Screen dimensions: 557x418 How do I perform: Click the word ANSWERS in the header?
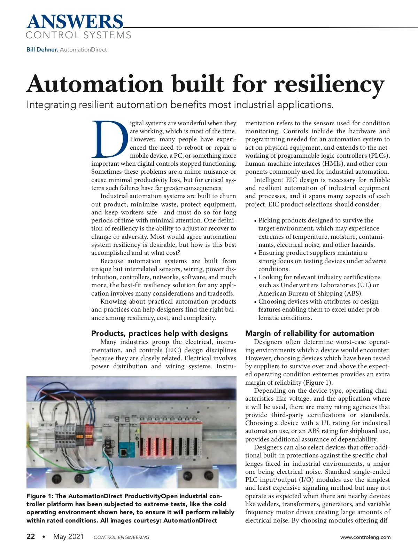coord(75,22)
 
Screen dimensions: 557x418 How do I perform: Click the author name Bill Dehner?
coord(42,50)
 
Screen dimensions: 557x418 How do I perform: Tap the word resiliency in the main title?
coord(329,84)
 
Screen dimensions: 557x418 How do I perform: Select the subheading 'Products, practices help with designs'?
coord(159,334)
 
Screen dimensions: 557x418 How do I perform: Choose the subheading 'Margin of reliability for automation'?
coord(310,334)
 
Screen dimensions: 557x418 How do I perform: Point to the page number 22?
coord(31,536)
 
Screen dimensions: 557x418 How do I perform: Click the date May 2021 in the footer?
coord(69,536)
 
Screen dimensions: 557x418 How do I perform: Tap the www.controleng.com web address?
coord(365,537)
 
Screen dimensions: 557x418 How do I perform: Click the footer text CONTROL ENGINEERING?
coord(122,538)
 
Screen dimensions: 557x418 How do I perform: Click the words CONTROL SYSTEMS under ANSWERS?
coord(79,35)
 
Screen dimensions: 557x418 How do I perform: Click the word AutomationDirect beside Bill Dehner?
coord(83,50)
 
